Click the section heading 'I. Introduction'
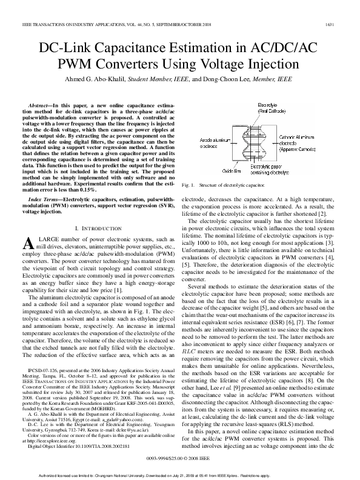click(x=99, y=227)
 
